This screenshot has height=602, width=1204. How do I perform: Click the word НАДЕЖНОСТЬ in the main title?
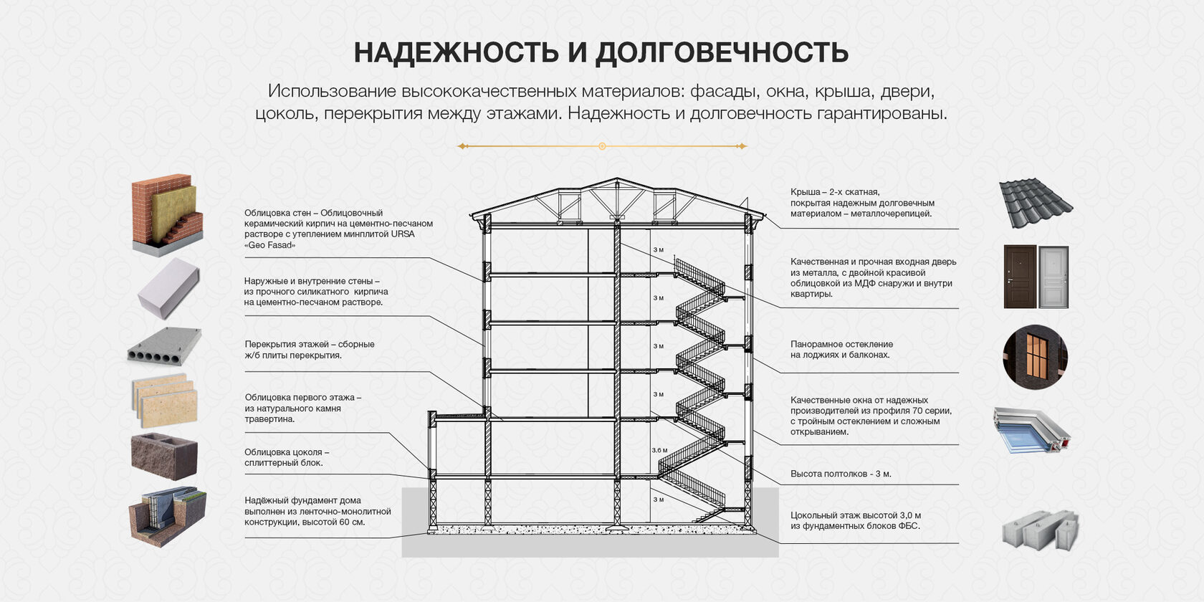click(x=457, y=53)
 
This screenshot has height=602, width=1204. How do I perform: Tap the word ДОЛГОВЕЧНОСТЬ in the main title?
click(x=722, y=53)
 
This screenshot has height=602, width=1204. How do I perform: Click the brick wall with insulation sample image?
click(x=167, y=214)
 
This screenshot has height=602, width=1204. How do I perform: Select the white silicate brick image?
click(x=168, y=287)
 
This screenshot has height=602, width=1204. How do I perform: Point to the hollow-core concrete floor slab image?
click(x=164, y=347)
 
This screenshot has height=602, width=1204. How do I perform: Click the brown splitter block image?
click(x=164, y=455)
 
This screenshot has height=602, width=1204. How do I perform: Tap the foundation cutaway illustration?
click(x=167, y=515)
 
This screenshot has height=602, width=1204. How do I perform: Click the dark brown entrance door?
click(x=1019, y=277)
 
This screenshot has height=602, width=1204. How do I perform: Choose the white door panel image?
click(x=1053, y=277)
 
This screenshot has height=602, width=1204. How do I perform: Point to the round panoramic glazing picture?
click(x=1035, y=357)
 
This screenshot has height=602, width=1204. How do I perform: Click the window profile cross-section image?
click(x=1032, y=430)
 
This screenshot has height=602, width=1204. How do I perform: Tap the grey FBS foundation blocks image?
click(x=1040, y=530)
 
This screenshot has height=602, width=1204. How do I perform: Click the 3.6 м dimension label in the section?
click(x=659, y=451)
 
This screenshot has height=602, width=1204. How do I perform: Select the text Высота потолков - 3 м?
click(x=841, y=474)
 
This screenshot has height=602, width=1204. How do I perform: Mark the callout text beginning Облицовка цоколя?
click(x=287, y=457)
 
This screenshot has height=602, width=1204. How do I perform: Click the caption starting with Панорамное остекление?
click(x=841, y=350)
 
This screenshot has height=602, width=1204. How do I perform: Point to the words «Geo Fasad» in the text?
click(x=269, y=245)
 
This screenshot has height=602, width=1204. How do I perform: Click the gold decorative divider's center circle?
click(x=602, y=146)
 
